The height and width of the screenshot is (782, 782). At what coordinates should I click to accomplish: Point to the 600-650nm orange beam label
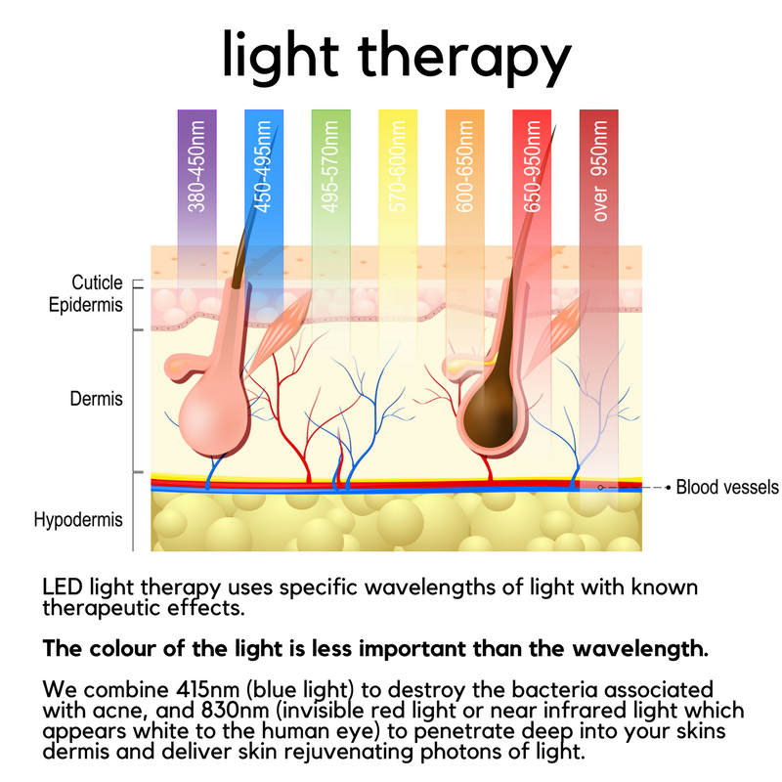point(464,166)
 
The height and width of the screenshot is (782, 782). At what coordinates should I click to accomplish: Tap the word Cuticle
point(97,283)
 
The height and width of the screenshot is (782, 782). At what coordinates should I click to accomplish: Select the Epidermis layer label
point(86,305)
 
